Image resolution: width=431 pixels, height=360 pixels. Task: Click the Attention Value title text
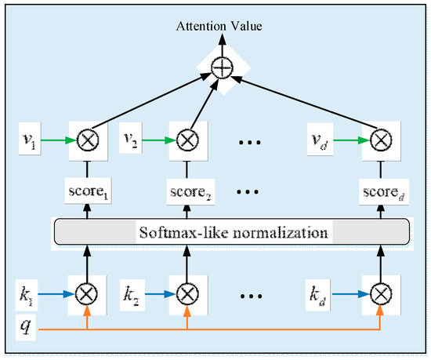(222, 27)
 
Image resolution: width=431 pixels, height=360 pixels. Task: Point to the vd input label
(323, 140)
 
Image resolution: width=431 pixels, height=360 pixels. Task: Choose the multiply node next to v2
(186, 140)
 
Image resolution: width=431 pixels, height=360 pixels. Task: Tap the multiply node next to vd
(380, 140)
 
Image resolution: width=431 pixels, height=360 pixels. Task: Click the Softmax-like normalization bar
(231, 232)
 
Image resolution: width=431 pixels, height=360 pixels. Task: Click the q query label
(27, 325)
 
